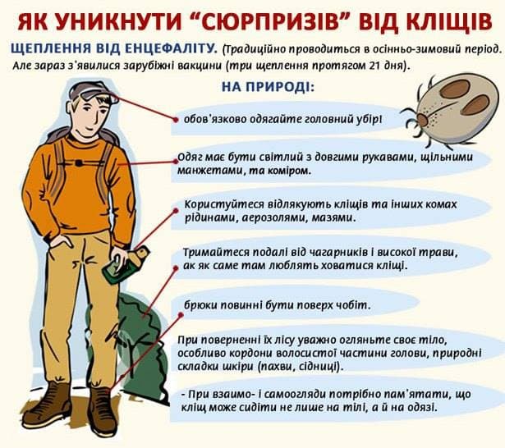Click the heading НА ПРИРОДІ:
(x=268, y=87)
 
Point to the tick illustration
(x=449, y=109)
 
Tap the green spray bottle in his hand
(x=126, y=264)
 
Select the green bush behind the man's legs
(x=142, y=348)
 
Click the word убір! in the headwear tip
(x=370, y=119)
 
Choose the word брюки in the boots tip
(x=200, y=304)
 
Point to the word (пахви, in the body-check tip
(x=275, y=366)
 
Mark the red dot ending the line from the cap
(x=175, y=120)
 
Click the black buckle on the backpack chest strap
(x=79, y=163)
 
